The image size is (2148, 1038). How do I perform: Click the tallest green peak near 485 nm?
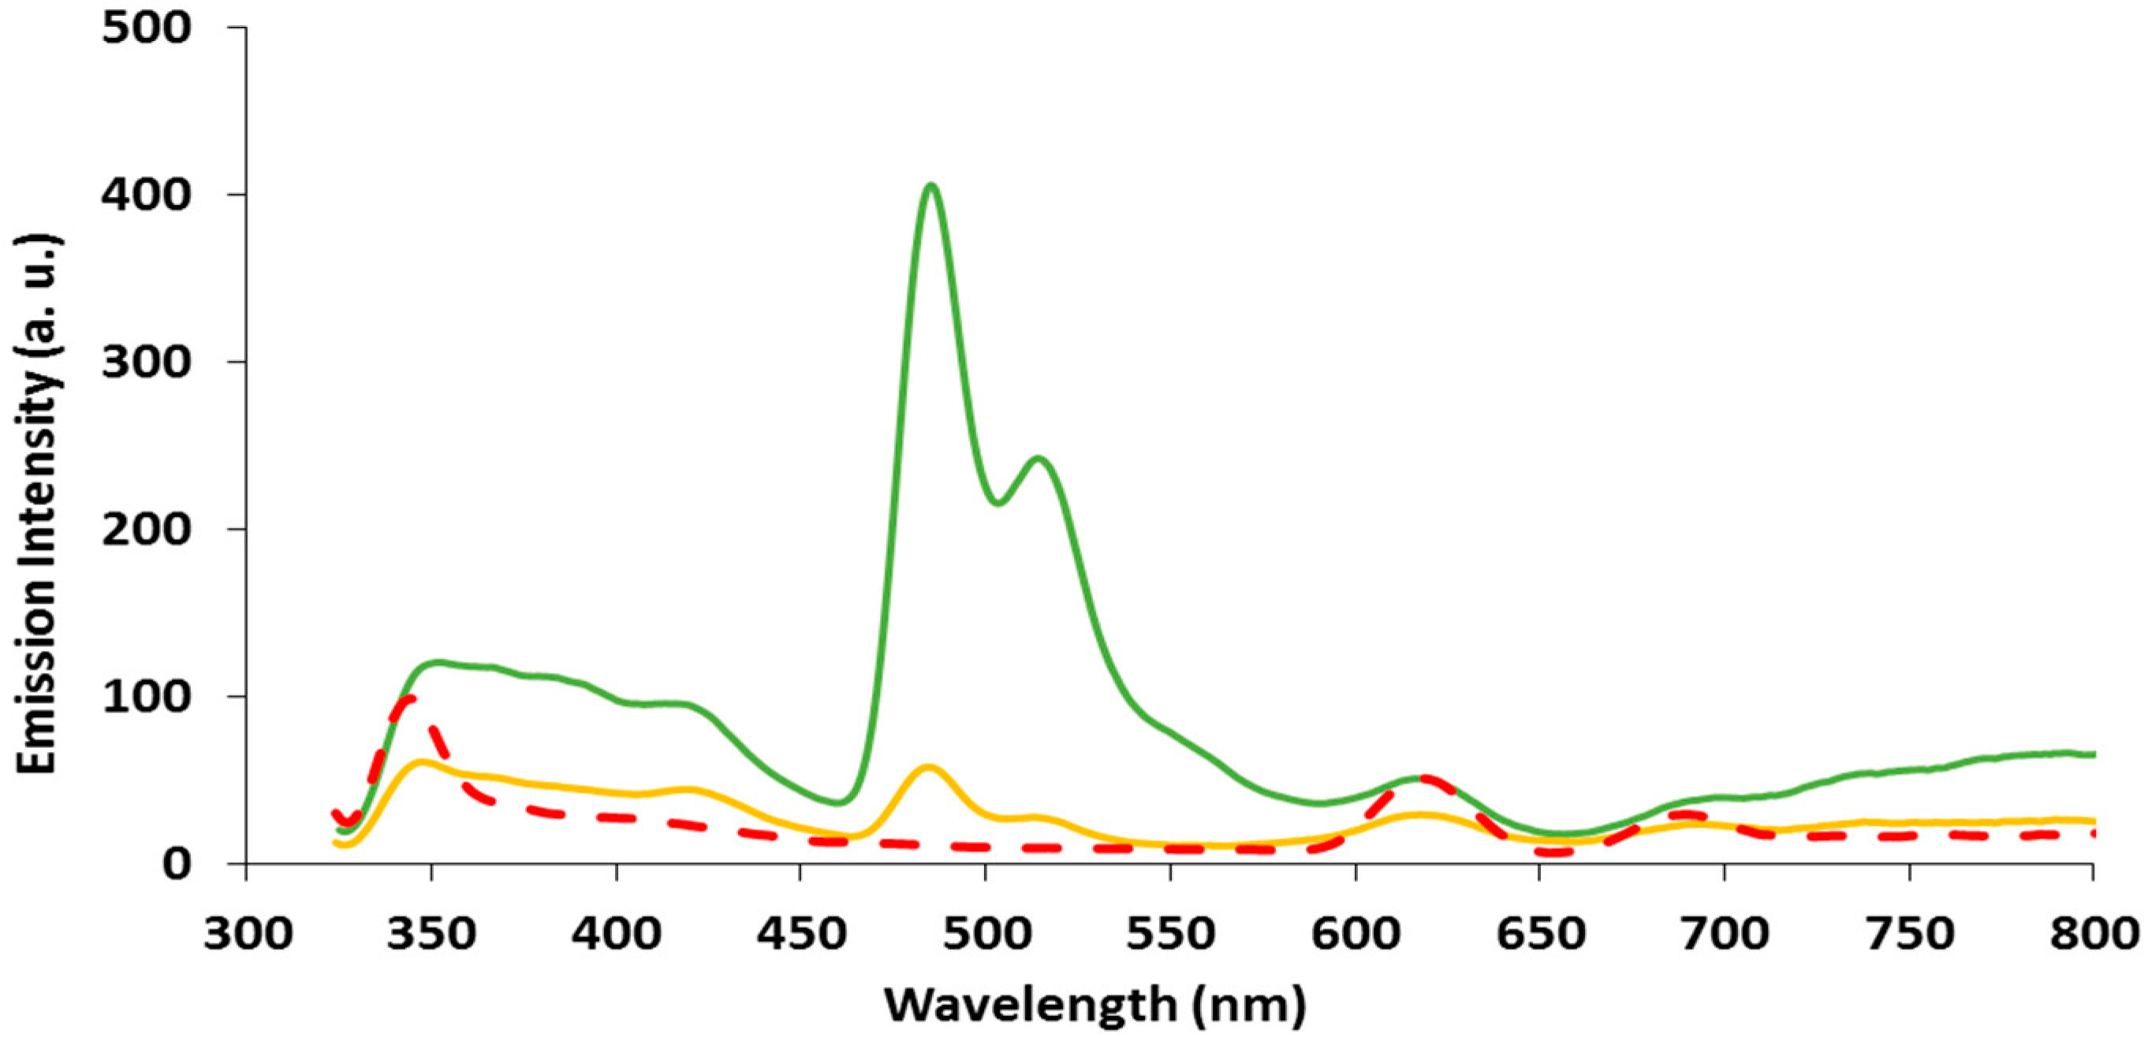tap(930, 186)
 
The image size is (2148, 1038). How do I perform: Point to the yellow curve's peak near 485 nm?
tap(928, 766)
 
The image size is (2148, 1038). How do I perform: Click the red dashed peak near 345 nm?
tap(408, 698)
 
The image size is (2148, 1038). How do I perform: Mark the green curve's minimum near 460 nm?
tap(840, 803)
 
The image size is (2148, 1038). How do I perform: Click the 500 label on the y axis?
tap(146, 28)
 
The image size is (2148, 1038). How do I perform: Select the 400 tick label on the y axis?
tap(146, 195)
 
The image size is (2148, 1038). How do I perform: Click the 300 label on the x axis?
tap(248, 934)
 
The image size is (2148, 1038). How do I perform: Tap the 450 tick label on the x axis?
tap(801, 934)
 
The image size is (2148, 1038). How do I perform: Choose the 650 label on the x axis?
tap(1540, 934)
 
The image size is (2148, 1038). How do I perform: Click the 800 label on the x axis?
tap(2093, 934)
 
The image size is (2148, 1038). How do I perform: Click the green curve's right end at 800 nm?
tap(2091, 754)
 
